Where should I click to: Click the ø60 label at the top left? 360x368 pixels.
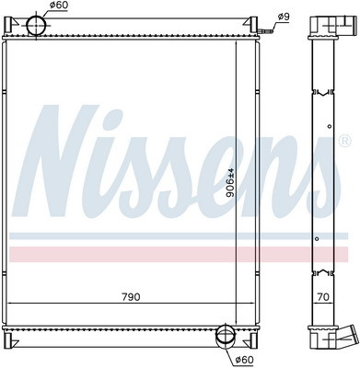pyautogui.click(x=59, y=6)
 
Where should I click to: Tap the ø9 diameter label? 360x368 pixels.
pyautogui.click(x=284, y=17)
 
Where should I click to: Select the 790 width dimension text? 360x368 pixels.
pyautogui.click(x=131, y=297)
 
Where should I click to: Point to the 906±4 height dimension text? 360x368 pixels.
pyautogui.click(x=230, y=183)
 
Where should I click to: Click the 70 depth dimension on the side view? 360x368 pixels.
pyautogui.click(x=323, y=297)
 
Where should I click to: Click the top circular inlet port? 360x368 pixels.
pyautogui.click(x=36, y=26)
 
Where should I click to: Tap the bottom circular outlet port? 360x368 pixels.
pyautogui.click(x=226, y=335)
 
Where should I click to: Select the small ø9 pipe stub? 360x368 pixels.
pyautogui.click(x=266, y=31)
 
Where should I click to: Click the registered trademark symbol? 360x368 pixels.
pyautogui.click(x=344, y=141)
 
